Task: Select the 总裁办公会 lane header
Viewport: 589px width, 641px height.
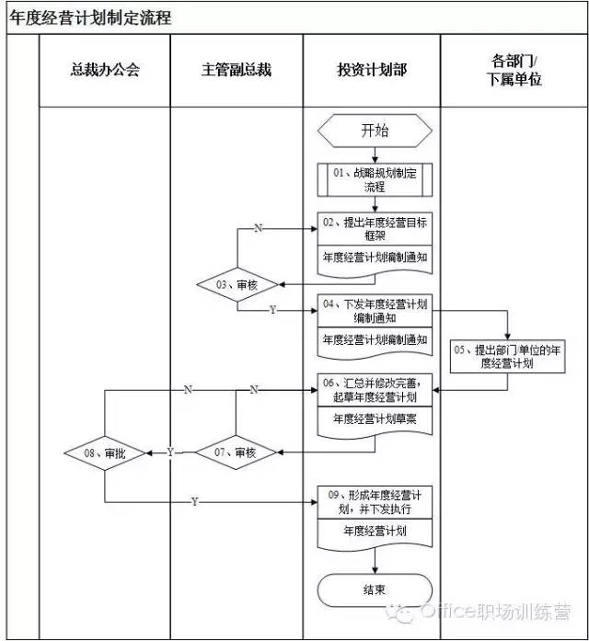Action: click(104, 70)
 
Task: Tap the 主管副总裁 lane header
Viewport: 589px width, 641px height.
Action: click(237, 70)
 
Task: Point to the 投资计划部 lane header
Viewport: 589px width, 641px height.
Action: click(372, 70)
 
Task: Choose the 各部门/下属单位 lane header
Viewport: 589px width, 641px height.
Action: click(514, 70)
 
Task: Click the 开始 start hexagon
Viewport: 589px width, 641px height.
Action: click(375, 131)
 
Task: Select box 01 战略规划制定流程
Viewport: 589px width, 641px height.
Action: click(375, 179)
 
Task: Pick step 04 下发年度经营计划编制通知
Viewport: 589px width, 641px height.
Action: click(375, 311)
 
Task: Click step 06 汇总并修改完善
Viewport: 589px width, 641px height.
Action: click(375, 391)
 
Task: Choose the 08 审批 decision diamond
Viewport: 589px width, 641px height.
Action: click(104, 452)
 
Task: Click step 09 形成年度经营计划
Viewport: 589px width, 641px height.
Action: click(375, 501)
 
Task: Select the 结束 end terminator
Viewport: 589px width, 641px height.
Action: click(375, 589)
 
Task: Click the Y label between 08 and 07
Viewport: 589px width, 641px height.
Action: click(170, 452)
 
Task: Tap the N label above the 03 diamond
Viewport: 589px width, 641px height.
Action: click(258, 229)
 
